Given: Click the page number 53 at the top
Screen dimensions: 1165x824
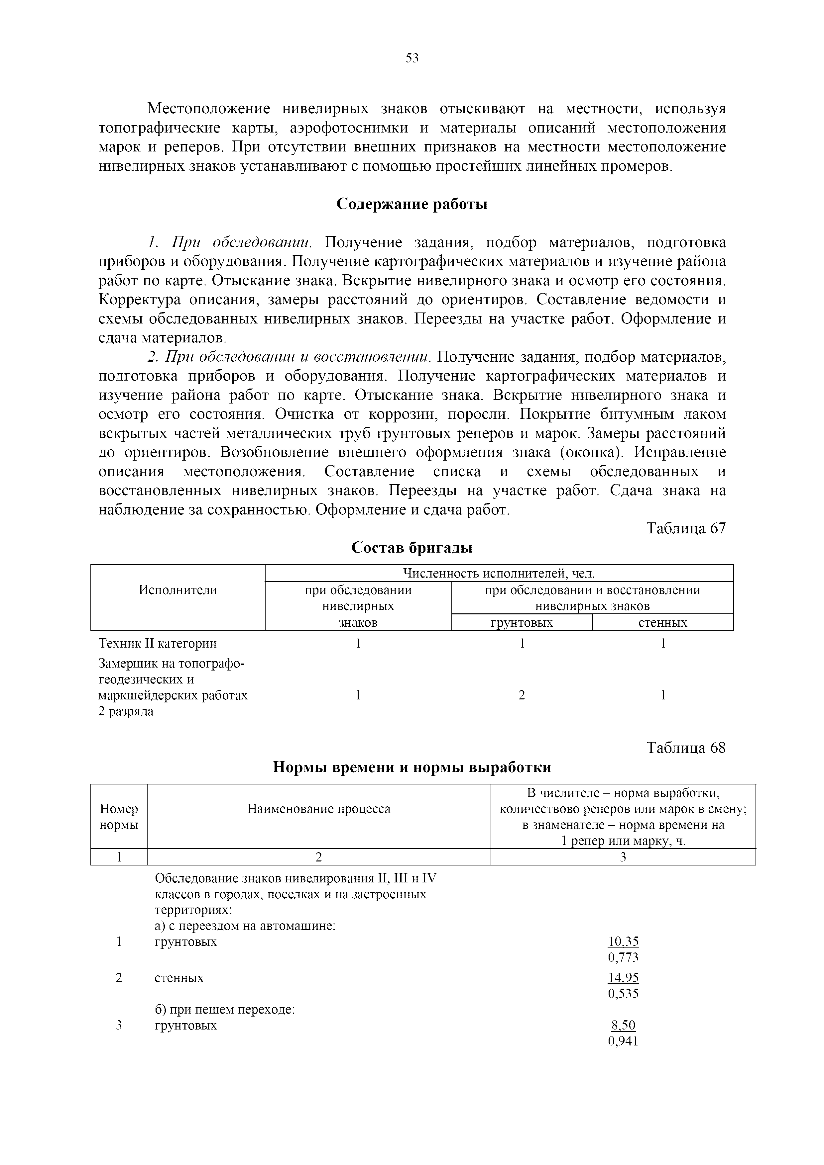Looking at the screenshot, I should [x=412, y=58].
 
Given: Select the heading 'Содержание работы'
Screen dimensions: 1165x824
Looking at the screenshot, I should [x=412, y=204].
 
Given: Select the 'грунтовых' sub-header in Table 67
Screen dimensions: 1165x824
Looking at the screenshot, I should [x=522, y=623].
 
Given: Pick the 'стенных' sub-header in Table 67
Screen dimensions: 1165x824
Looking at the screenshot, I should [x=662, y=623].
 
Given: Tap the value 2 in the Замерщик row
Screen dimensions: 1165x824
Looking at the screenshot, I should [x=522, y=695].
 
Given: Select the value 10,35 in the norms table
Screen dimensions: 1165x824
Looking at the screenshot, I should [x=623, y=942].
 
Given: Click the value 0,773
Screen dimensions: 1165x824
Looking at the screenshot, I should [x=623, y=957].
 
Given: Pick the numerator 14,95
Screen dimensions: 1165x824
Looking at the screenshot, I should [x=623, y=978].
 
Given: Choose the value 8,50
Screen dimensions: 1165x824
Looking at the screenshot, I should [x=623, y=1026].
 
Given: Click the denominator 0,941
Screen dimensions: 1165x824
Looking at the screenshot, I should [x=623, y=1041].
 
